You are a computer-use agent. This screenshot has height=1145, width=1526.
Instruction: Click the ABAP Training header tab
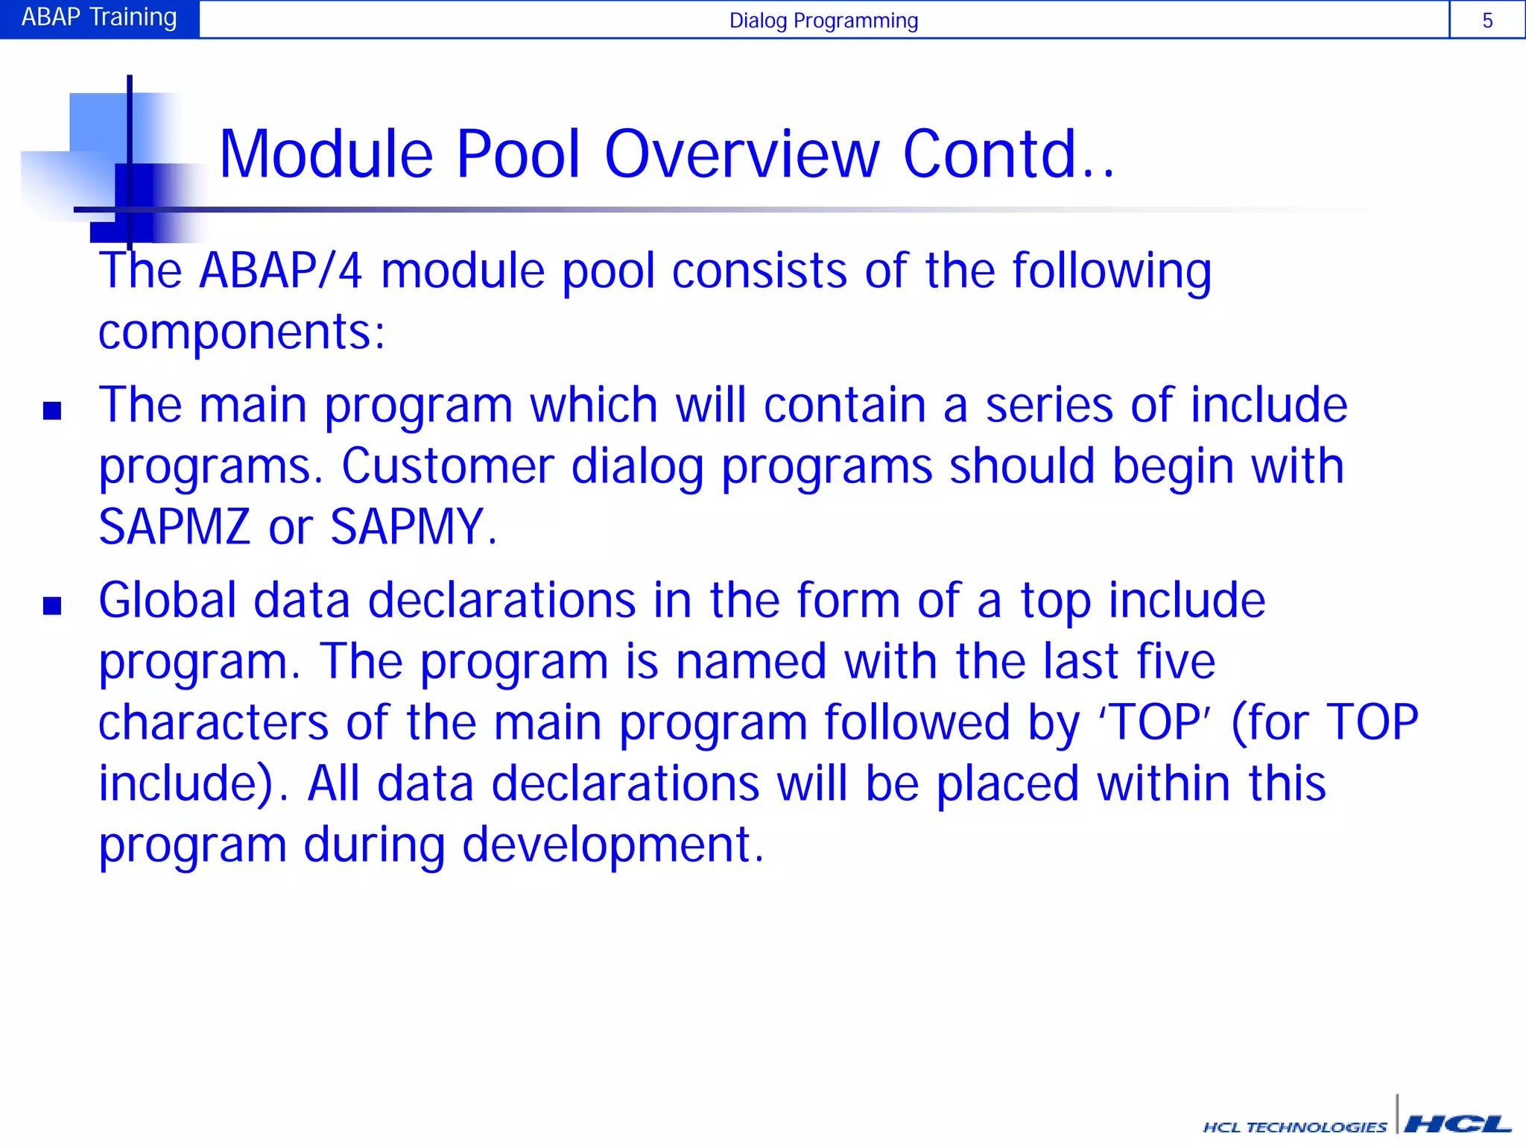coord(99,18)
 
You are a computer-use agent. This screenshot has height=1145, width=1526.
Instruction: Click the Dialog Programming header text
coord(823,20)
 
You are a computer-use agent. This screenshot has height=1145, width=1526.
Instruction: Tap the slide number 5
coord(1487,20)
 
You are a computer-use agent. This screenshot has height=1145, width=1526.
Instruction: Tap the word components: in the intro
coord(241,332)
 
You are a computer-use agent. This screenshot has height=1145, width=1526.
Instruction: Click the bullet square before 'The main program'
coord(52,411)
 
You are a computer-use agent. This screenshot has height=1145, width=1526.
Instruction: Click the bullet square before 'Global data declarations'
coord(52,605)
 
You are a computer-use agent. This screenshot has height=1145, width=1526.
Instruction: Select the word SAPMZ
coord(174,526)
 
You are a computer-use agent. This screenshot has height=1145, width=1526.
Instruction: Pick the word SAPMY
coord(412,526)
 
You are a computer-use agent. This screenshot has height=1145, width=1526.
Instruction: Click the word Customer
coord(447,466)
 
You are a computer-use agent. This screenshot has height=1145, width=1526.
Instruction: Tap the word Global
coord(168,600)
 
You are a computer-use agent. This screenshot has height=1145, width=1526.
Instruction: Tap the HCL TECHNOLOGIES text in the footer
coord(1295,1127)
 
